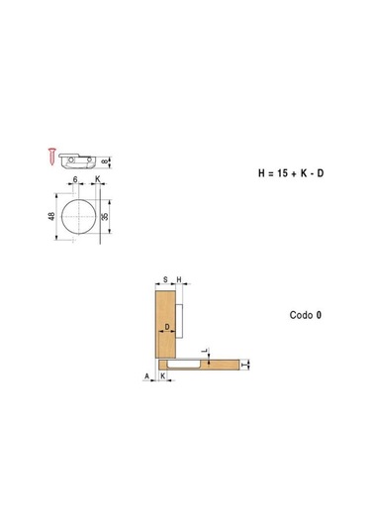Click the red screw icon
pyautogui.click(x=51, y=157)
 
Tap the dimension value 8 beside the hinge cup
pyautogui.click(x=105, y=161)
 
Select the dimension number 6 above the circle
pyautogui.click(x=75, y=179)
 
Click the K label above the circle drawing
pyautogui.click(x=98, y=178)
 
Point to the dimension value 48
pyautogui.click(x=51, y=216)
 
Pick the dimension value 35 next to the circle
pyautogui.click(x=105, y=216)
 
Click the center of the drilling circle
pyautogui.click(x=79, y=216)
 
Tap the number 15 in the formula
pyautogui.click(x=282, y=173)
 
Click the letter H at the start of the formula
pyautogui.click(x=261, y=173)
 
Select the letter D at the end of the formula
pyautogui.click(x=320, y=173)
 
